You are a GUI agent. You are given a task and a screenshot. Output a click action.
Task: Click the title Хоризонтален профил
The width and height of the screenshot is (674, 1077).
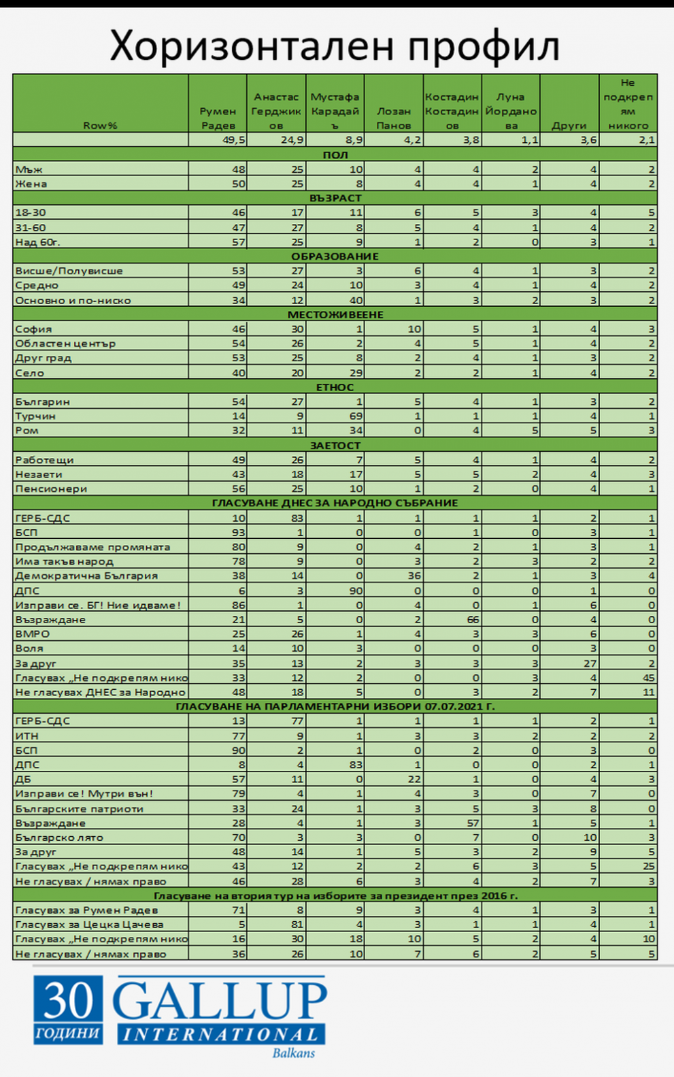tap(335, 46)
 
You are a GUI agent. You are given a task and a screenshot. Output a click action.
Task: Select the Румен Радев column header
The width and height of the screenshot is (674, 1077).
tap(218, 118)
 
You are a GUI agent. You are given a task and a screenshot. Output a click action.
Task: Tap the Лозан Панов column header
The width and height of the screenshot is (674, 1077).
tap(393, 118)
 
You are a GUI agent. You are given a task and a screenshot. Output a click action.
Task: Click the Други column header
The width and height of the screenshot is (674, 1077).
tap(569, 125)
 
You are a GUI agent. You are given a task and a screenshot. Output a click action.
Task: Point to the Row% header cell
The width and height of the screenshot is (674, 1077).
tap(100, 125)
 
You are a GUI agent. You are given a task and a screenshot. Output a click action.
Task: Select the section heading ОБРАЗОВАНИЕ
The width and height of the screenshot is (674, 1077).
tap(335, 256)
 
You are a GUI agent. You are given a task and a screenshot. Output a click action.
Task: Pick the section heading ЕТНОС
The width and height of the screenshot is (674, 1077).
tap(335, 387)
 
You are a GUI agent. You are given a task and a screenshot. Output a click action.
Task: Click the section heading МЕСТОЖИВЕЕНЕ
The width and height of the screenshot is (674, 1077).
tap(335, 314)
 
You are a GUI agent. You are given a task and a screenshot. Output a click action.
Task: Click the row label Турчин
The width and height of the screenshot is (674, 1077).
tap(35, 416)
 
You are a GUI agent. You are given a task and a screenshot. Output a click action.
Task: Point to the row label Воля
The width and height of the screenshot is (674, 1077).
tap(29, 648)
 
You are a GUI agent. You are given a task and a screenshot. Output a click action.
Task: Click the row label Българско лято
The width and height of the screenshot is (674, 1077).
tap(59, 838)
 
